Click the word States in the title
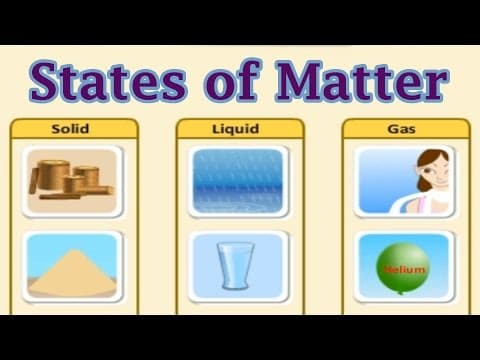[x=103, y=81]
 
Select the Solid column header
[x=73, y=129]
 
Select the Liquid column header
[x=239, y=129]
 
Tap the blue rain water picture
[x=239, y=180]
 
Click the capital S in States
[x=47, y=81]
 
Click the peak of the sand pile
[x=73, y=251]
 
